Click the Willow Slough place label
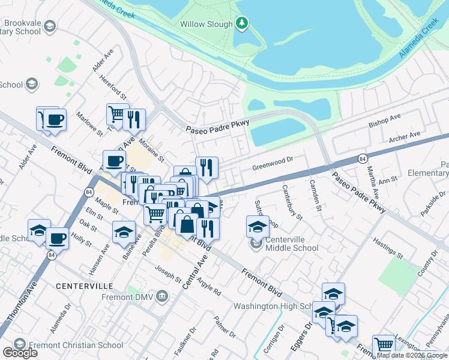tap(206, 25)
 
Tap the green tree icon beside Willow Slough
tap(242, 23)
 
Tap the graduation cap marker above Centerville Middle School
tap(257, 226)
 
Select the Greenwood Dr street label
tap(272, 160)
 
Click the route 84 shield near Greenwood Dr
tap(362, 158)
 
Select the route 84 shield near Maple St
tap(89, 192)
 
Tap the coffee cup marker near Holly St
tap(57, 238)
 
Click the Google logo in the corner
tap(20, 353)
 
